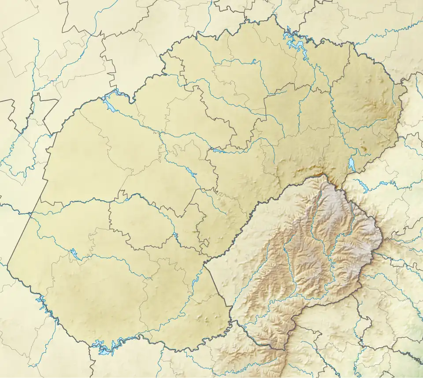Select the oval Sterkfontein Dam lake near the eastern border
351,165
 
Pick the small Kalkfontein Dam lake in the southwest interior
74,254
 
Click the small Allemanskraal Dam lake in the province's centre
191,169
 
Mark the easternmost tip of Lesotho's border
382,240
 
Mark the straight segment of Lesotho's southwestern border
218,283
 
